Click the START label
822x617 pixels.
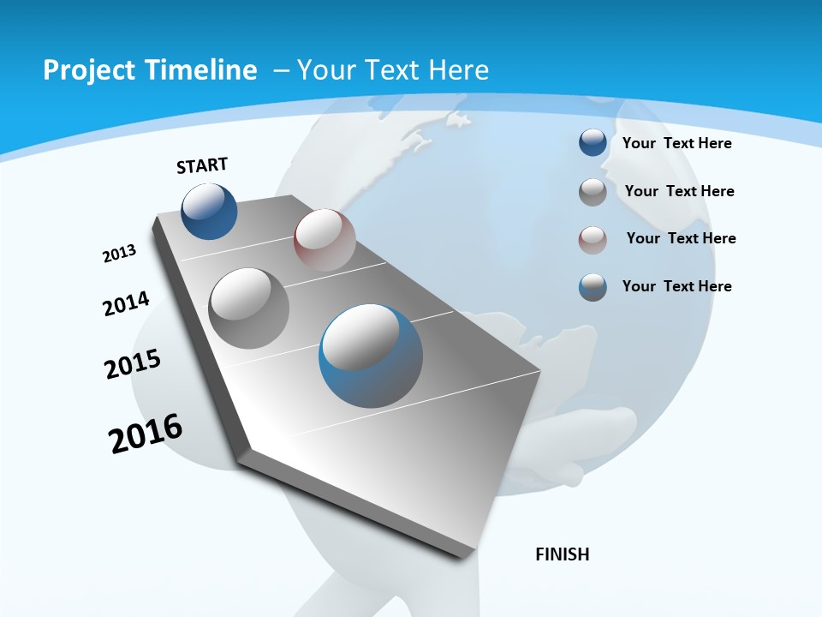[202, 165]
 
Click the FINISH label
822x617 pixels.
[563, 554]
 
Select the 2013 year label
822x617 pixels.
[119, 254]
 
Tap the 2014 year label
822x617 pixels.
[126, 303]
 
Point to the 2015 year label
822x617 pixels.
[133, 364]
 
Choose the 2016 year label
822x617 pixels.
[146, 433]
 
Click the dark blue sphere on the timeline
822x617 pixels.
[210, 211]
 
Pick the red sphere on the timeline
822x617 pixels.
[325, 240]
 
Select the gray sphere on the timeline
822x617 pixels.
[249, 308]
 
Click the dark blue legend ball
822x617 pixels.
[593, 142]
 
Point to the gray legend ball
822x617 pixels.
[593, 192]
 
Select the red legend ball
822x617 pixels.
[593, 240]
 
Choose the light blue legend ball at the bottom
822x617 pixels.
[593, 287]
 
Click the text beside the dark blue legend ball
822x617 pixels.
[676, 143]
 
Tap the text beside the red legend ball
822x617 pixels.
[681, 238]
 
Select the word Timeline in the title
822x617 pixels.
[204, 70]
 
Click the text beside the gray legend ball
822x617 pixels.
[679, 191]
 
